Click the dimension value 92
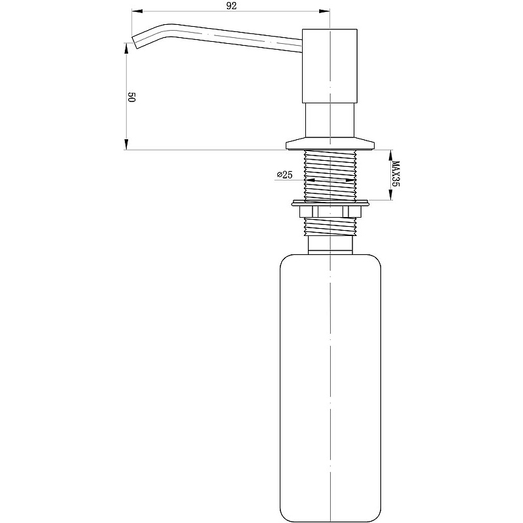pyautogui.click(x=231, y=6)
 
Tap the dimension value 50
pyautogui.click(x=131, y=97)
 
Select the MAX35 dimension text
pyautogui.click(x=396, y=174)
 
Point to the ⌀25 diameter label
pyautogui.click(x=284, y=175)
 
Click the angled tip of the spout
pyautogui.click(x=136, y=42)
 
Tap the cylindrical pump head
pyautogui.click(x=329, y=66)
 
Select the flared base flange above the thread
pyautogui.click(x=330, y=143)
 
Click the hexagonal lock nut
pyautogui.click(x=330, y=211)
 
